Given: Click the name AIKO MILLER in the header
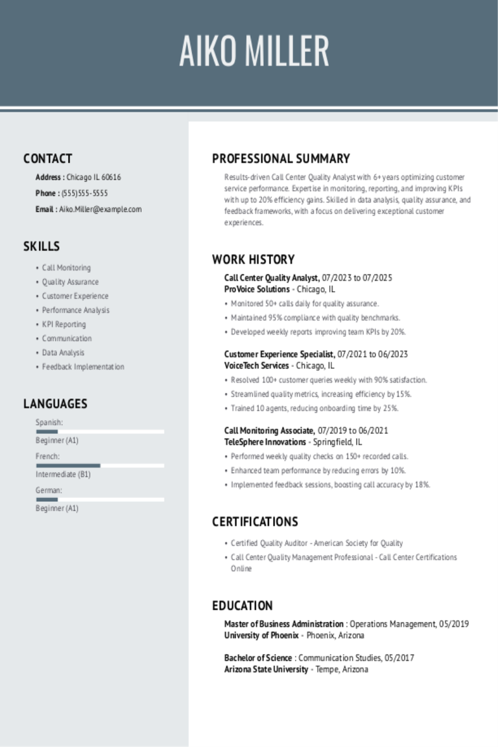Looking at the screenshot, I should point(254,52).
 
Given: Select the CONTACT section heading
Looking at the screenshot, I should point(48,159).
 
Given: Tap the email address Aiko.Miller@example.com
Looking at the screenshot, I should point(101,209).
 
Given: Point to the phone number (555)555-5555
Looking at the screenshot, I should point(85,193).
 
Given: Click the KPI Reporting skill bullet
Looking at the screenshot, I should point(64,324).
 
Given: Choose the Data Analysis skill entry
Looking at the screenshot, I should point(63,353).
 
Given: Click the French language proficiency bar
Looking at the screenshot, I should point(100,466).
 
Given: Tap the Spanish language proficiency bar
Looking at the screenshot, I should point(100,431).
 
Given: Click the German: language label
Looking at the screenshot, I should point(49,491).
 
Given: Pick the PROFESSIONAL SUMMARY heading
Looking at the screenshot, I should point(281,159).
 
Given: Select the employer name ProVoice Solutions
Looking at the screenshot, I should point(257,289).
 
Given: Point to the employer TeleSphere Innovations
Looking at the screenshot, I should point(265,442).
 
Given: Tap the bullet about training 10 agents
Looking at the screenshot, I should point(314,409).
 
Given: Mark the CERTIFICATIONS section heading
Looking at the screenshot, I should point(255,522).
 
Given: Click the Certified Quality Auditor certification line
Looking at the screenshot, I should point(316,543).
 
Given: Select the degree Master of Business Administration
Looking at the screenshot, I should point(284,624).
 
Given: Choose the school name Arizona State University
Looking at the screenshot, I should point(266,669).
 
